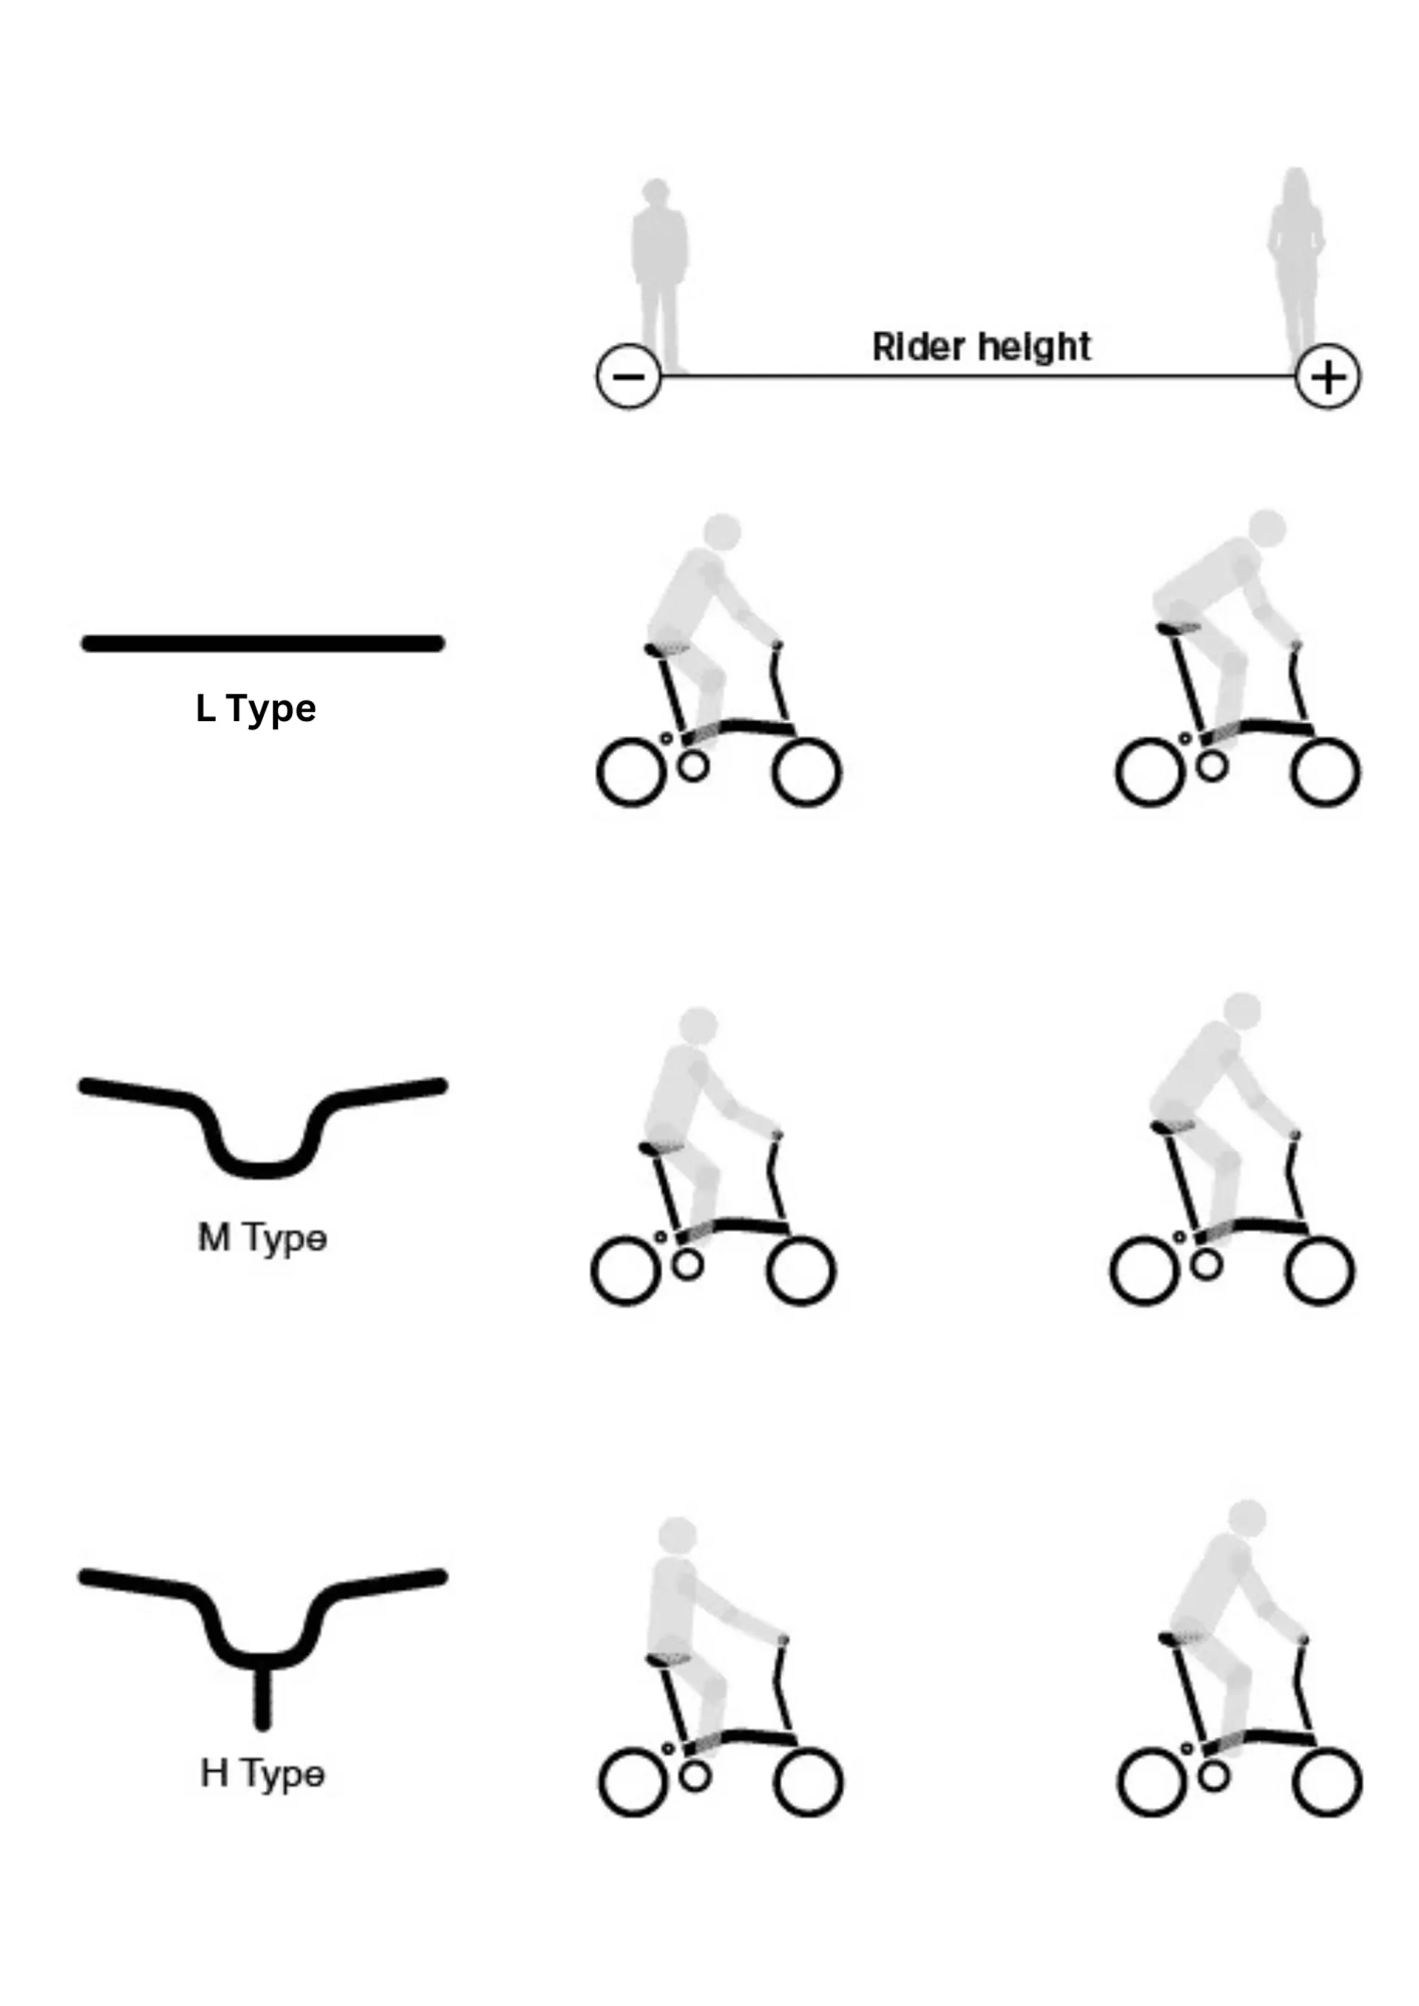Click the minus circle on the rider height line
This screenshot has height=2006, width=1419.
(628, 377)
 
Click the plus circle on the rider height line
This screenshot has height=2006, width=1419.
(1328, 377)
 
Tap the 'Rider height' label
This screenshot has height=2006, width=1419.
(981, 347)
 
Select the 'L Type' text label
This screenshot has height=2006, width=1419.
(255, 709)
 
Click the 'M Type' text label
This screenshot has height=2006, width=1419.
(262, 1238)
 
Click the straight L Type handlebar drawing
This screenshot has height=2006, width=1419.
(263, 644)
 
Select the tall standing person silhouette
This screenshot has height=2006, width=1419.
(1296, 267)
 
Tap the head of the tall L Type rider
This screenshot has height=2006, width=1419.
(1267, 528)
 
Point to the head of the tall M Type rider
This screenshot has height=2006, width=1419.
(1242, 1011)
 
